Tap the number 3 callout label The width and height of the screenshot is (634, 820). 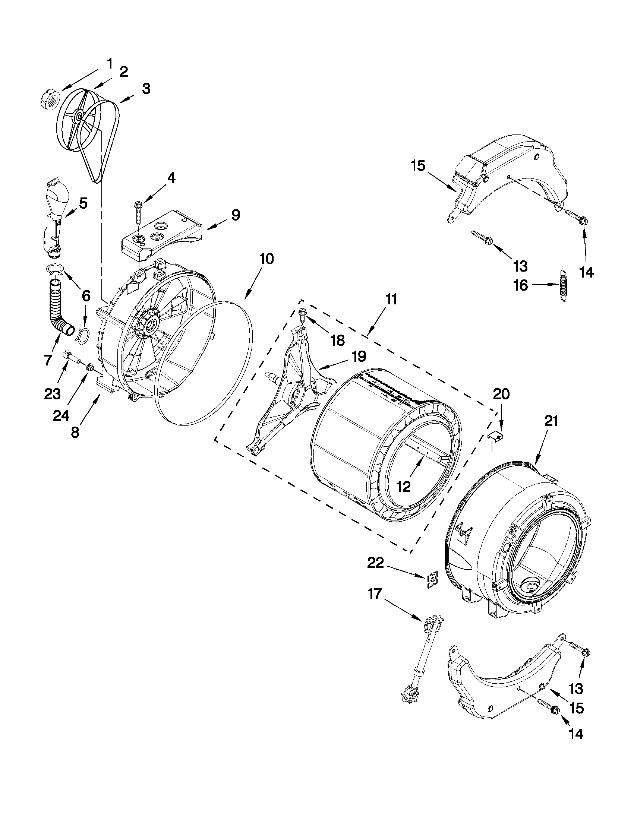coord(146,89)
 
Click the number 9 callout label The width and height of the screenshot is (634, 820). coord(235,215)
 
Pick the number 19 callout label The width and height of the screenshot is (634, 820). coord(359,356)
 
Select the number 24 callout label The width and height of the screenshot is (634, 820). coord(61,416)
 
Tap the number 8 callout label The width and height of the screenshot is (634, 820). coord(75,433)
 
